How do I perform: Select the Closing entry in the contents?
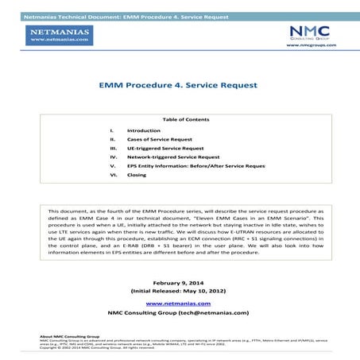pos(137,175)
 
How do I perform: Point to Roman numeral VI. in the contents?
pos(114,175)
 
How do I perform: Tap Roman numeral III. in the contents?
pos(114,148)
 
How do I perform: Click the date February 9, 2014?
pos(179,284)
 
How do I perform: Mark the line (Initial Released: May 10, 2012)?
pos(179,292)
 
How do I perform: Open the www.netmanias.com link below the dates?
pos(179,304)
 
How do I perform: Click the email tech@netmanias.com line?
pos(179,312)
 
